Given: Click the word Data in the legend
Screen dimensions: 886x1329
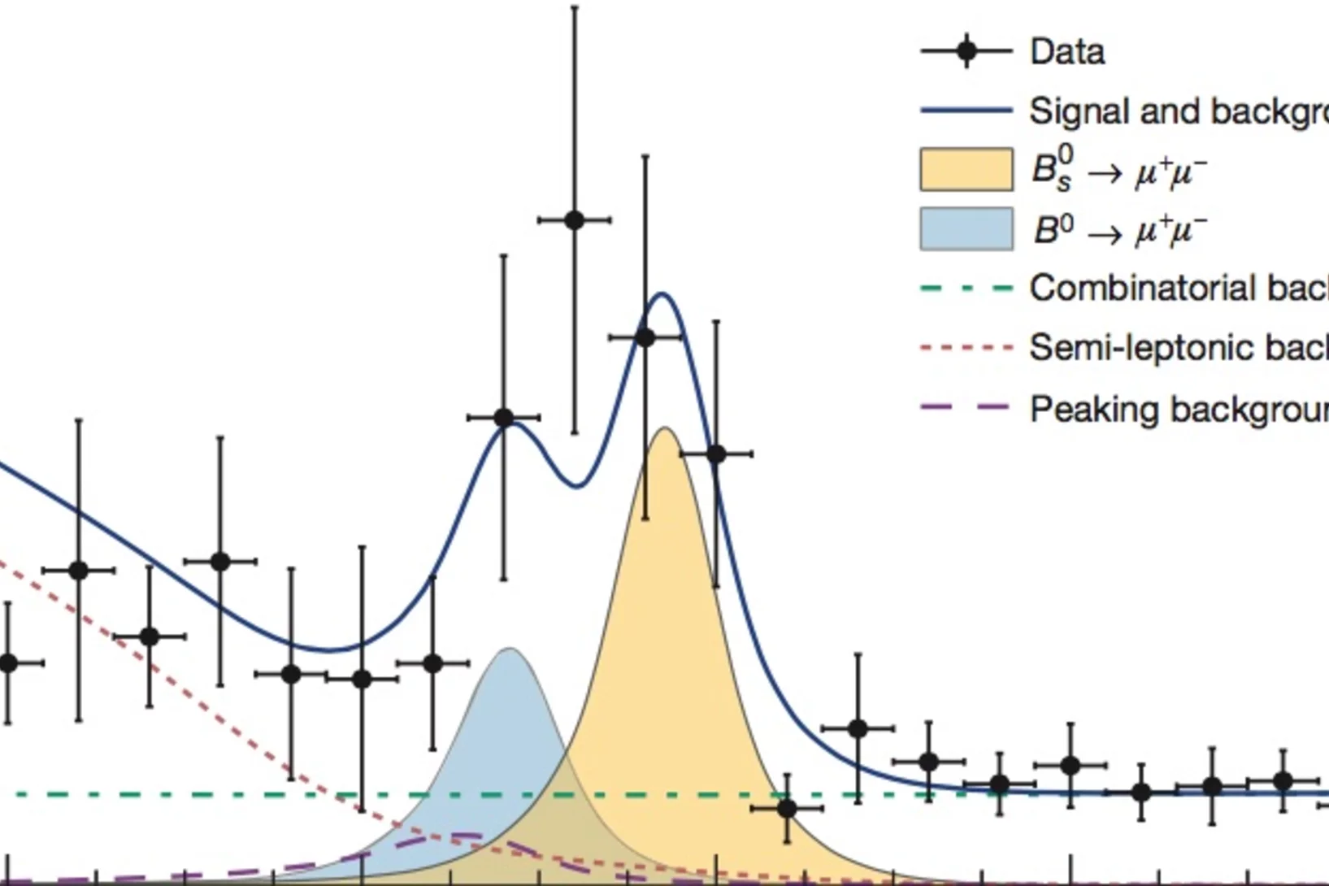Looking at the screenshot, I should (1066, 52).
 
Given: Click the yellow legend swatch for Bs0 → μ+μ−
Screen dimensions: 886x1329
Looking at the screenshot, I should (966, 169).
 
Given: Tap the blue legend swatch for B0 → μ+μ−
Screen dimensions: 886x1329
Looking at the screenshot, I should (966, 228).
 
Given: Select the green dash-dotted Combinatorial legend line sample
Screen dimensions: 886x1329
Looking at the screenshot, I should (966, 288).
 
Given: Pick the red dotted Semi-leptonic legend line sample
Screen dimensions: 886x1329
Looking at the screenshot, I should (966, 348).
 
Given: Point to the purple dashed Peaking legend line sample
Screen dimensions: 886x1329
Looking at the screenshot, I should (966, 407).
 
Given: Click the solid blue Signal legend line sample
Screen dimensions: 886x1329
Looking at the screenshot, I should (966, 111).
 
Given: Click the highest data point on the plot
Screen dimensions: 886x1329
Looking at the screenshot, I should (574, 219).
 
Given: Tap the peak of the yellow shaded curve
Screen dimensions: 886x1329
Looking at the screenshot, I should (665, 428).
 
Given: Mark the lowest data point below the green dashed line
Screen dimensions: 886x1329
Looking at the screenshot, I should (786, 809).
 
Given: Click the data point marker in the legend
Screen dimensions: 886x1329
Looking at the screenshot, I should (966, 51).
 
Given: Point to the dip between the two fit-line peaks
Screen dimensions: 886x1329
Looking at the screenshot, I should (575, 486).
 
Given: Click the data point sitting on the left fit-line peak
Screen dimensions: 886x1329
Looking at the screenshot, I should (504, 418).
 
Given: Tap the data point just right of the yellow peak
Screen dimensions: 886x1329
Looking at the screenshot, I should (715, 454).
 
